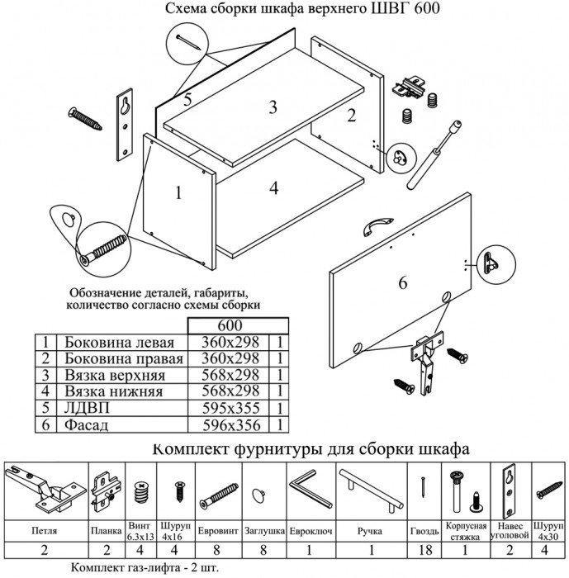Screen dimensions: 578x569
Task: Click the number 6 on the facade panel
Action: click(403, 283)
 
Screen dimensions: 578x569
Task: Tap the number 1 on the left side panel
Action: click(176, 194)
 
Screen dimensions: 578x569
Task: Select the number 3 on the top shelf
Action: click(272, 107)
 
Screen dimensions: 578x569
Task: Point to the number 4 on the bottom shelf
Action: click(273, 187)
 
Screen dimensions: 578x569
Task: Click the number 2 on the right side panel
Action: click(351, 116)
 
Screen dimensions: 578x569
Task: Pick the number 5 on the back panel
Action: click(187, 100)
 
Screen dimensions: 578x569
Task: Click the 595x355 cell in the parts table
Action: click(224, 409)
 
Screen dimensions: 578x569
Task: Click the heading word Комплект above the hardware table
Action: click(194, 450)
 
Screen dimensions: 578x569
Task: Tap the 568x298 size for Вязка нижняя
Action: click(224, 392)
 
